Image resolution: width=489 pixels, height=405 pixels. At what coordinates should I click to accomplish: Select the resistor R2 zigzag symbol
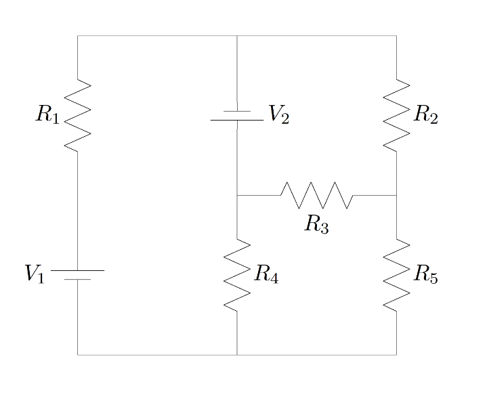[x=396, y=115]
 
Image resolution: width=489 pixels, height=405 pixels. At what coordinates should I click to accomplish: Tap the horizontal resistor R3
[x=316, y=195]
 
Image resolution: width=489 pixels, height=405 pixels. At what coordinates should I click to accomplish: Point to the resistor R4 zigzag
[x=237, y=274]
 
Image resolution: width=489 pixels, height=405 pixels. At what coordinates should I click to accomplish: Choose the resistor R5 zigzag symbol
[x=396, y=274]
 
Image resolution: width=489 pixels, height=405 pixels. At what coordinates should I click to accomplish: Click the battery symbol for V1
[x=78, y=274]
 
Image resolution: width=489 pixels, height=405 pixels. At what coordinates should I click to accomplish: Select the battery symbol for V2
[x=237, y=115]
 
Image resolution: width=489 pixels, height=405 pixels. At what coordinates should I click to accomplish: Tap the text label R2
[x=426, y=115]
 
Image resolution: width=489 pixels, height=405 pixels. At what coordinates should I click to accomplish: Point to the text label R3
[x=316, y=224]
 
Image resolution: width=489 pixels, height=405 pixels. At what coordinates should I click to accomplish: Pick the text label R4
[x=266, y=274]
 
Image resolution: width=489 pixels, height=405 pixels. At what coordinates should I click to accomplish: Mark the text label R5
[x=426, y=275]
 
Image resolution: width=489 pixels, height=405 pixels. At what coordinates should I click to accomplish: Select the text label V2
[x=278, y=115]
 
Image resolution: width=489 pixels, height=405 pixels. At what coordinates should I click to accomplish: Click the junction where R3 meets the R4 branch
[x=237, y=195]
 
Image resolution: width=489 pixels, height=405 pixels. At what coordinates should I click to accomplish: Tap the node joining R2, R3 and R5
[x=396, y=195]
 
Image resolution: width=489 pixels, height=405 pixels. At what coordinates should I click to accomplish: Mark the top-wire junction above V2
[x=237, y=36]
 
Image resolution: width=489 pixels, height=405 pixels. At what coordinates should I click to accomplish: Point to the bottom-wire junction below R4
[x=237, y=354]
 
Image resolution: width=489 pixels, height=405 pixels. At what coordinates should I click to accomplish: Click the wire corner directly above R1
[x=78, y=36]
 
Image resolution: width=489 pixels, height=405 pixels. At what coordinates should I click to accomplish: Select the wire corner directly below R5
[x=396, y=354]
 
